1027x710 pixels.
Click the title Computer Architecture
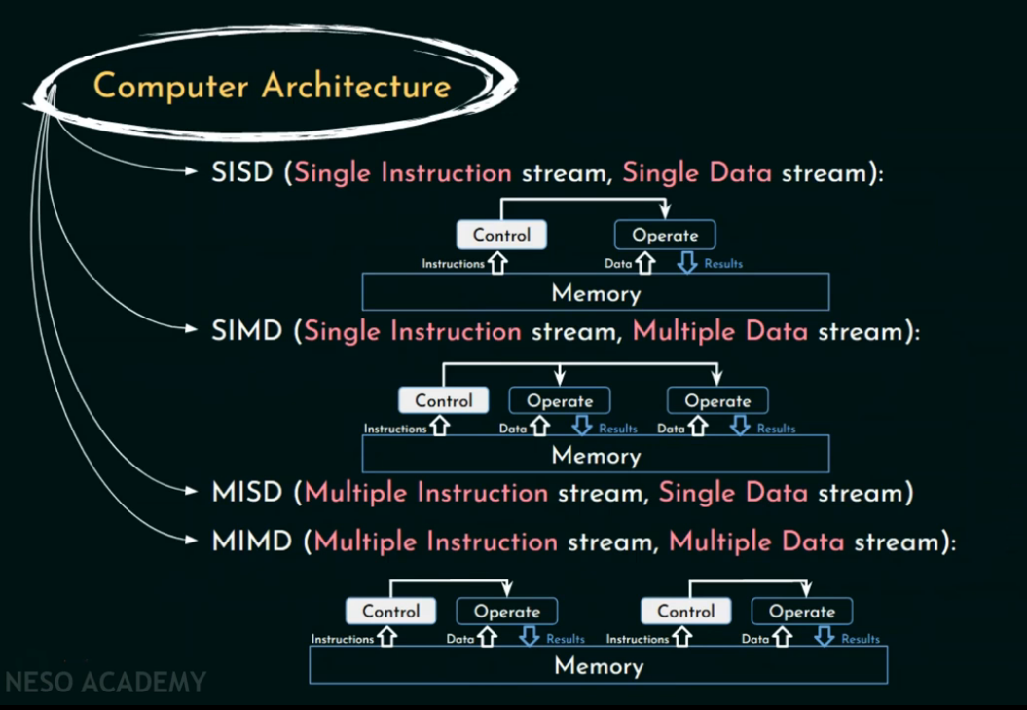click(272, 86)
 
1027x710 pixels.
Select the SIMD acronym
click(247, 331)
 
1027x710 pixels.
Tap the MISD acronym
click(247, 492)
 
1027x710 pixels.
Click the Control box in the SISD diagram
click(501, 235)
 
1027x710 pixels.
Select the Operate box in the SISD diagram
click(665, 235)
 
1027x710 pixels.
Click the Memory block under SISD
click(596, 292)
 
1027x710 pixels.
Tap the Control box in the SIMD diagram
click(444, 400)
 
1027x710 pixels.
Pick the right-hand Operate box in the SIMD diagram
click(717, 400)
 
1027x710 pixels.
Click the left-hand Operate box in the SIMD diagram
click(560, 400)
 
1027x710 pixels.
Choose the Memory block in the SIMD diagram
click(596, 454)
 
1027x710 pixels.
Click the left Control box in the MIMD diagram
click(391, 612)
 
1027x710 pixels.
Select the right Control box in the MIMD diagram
click(686, 612)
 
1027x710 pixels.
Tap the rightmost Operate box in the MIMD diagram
click(802, 612)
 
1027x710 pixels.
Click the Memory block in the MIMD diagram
click(599, 666)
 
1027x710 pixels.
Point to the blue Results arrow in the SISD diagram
click(687, 263)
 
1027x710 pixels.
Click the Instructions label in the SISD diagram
click(453, 264)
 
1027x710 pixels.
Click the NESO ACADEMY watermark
click(105, 682)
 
